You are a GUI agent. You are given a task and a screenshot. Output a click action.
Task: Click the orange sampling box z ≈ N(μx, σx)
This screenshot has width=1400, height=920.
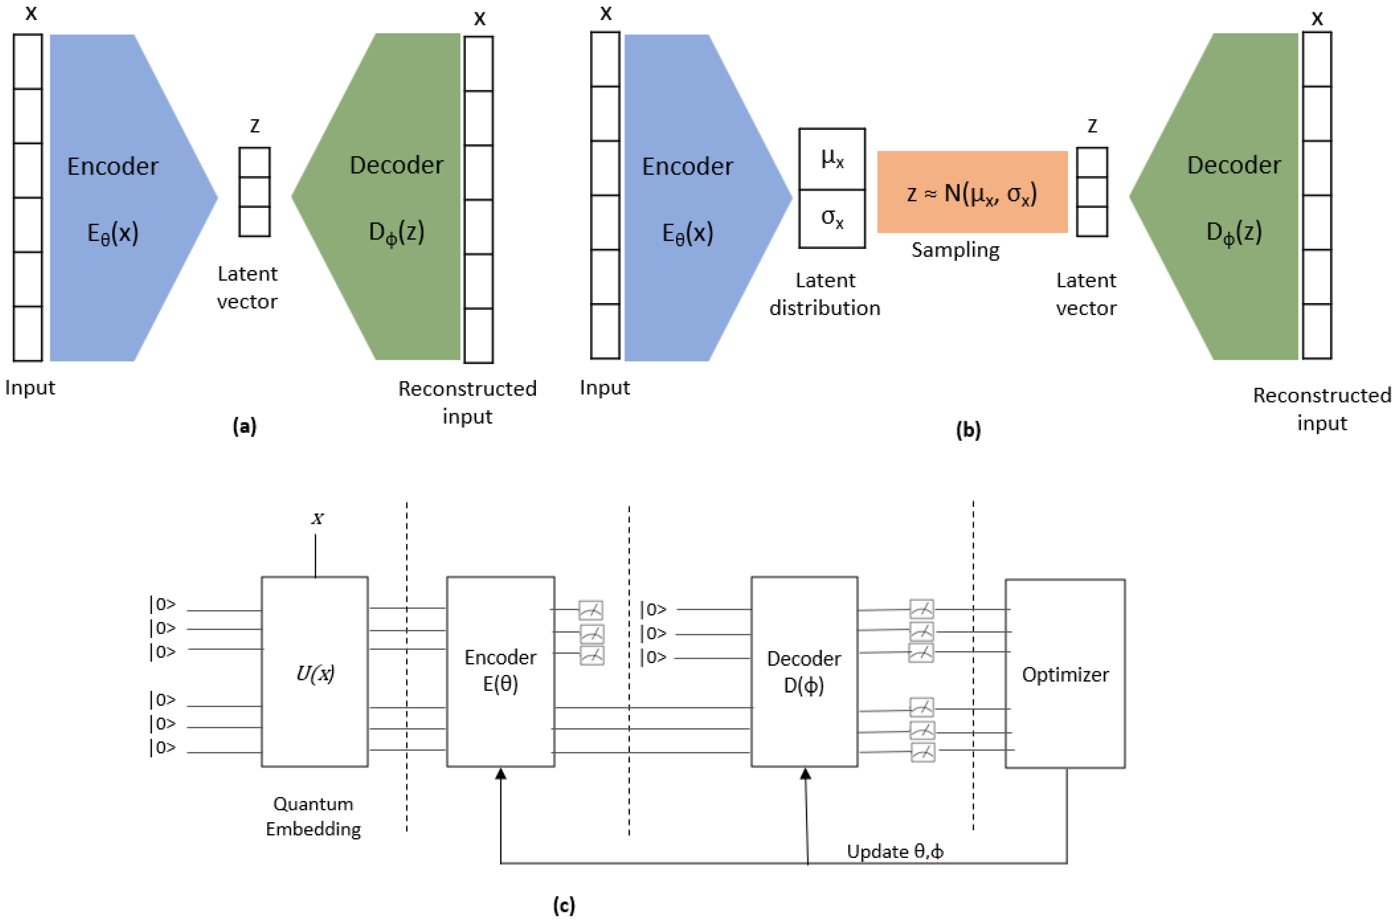(x=972, y=192)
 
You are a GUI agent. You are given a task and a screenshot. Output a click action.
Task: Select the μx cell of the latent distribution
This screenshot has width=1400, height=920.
(x=832, y=159)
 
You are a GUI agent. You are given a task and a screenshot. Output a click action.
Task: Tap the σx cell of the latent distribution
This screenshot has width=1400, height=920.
(x=832, y=219)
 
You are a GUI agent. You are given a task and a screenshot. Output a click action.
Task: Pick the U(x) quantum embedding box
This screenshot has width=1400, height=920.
(x=315, y=671)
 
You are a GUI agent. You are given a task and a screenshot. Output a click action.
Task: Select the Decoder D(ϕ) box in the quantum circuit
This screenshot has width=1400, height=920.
(x=804, y=671)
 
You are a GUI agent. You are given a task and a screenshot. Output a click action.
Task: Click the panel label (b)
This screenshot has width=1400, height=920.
(x=968, y=430)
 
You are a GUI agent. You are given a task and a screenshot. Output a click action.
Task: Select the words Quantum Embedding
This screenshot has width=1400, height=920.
(x=313, y=816)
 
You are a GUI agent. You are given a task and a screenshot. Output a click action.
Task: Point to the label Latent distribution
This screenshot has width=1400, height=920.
(x=825, y=294)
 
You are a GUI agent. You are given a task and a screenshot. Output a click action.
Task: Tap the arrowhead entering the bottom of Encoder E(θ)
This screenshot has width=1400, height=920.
(x=501, y=774)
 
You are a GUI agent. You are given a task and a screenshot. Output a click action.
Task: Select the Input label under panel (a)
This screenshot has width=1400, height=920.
(x=30, y=387)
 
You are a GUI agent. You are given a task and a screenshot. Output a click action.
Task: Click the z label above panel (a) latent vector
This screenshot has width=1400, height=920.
(x=255, y=125)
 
